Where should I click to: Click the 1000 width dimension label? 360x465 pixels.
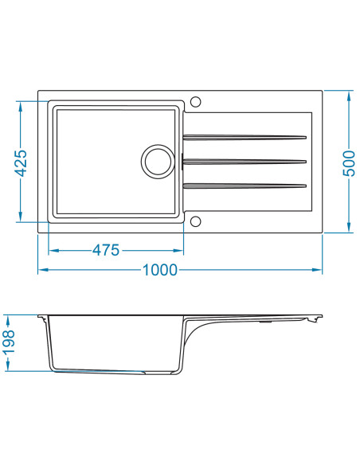160,270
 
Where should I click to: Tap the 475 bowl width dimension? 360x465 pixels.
106,251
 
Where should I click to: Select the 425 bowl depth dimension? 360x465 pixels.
22,163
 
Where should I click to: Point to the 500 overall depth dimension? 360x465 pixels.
349,163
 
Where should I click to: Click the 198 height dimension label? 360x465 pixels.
9,342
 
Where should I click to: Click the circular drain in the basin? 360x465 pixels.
158,162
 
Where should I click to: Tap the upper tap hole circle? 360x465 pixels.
195,101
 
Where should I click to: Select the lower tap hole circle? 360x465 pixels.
195,221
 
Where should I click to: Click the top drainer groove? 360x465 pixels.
245,137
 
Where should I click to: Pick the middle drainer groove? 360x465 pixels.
245,162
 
